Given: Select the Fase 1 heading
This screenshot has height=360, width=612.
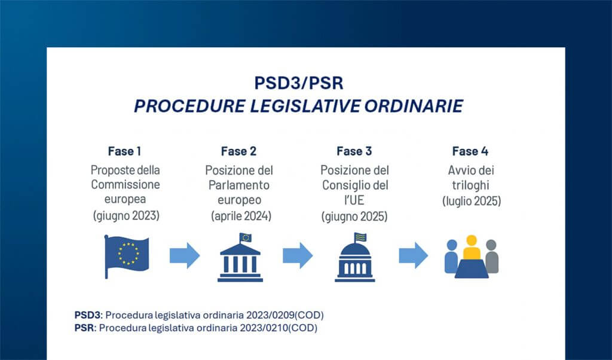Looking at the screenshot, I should [x=125, y=151].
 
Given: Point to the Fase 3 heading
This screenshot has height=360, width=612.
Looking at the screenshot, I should [x=354, y=151].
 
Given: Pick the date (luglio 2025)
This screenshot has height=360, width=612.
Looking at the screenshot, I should [x=472, y=200].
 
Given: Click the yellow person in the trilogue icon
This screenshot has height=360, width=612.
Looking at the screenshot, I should [x=472, y=246].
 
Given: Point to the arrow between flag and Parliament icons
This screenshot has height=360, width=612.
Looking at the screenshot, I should [x=185, y=256].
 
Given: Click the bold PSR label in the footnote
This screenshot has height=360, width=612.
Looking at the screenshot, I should [x=84, y=328].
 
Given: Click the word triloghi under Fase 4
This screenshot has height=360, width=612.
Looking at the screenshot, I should [x=472, y=185].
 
